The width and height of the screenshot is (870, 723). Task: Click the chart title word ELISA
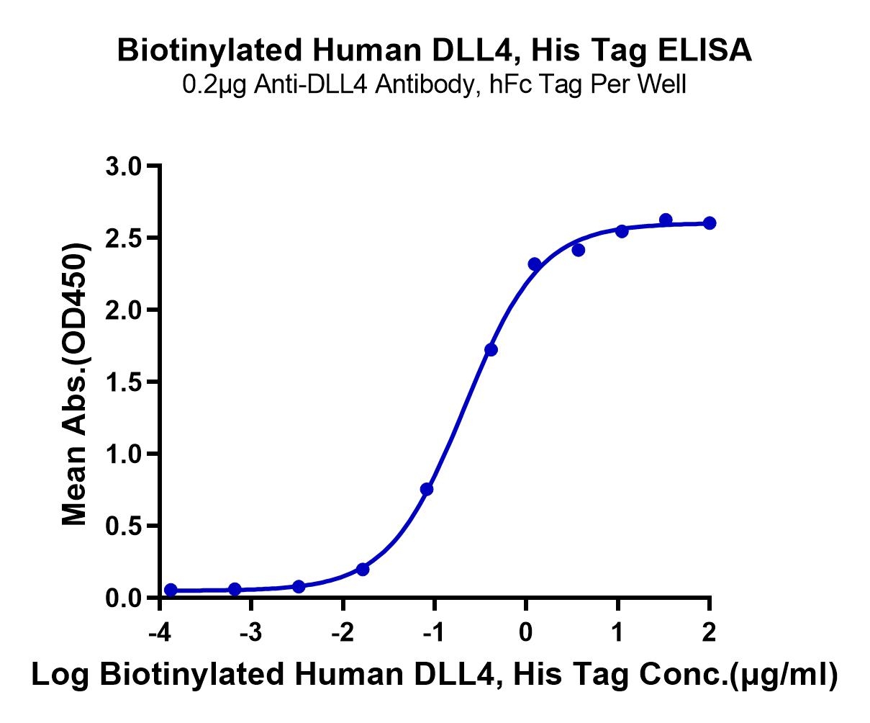point(705,50)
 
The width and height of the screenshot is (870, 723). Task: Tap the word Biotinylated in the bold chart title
point(210,51)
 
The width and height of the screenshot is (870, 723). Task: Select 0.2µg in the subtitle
point(214,86)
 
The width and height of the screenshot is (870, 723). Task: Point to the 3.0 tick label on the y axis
point(124,167)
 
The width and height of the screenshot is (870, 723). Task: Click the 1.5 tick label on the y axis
point(124,383)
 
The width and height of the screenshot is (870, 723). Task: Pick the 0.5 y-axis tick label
point(124,526)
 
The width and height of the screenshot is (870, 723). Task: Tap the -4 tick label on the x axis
point(160,632)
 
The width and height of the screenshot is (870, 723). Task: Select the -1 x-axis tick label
point(434,632)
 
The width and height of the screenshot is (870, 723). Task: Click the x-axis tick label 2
point(709,632)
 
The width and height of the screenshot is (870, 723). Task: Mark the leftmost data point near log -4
point(171,590)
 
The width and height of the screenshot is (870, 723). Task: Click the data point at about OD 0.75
point(427,490)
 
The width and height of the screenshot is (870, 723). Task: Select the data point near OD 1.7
point(491,350)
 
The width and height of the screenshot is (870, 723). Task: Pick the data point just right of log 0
point(535,264)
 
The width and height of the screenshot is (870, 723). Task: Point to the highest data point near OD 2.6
point(666,220)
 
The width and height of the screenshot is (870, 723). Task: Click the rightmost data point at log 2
point(710,223)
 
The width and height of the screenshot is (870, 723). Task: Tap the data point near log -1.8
point(363,569)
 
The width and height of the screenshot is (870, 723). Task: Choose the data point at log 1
point(622,231)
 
